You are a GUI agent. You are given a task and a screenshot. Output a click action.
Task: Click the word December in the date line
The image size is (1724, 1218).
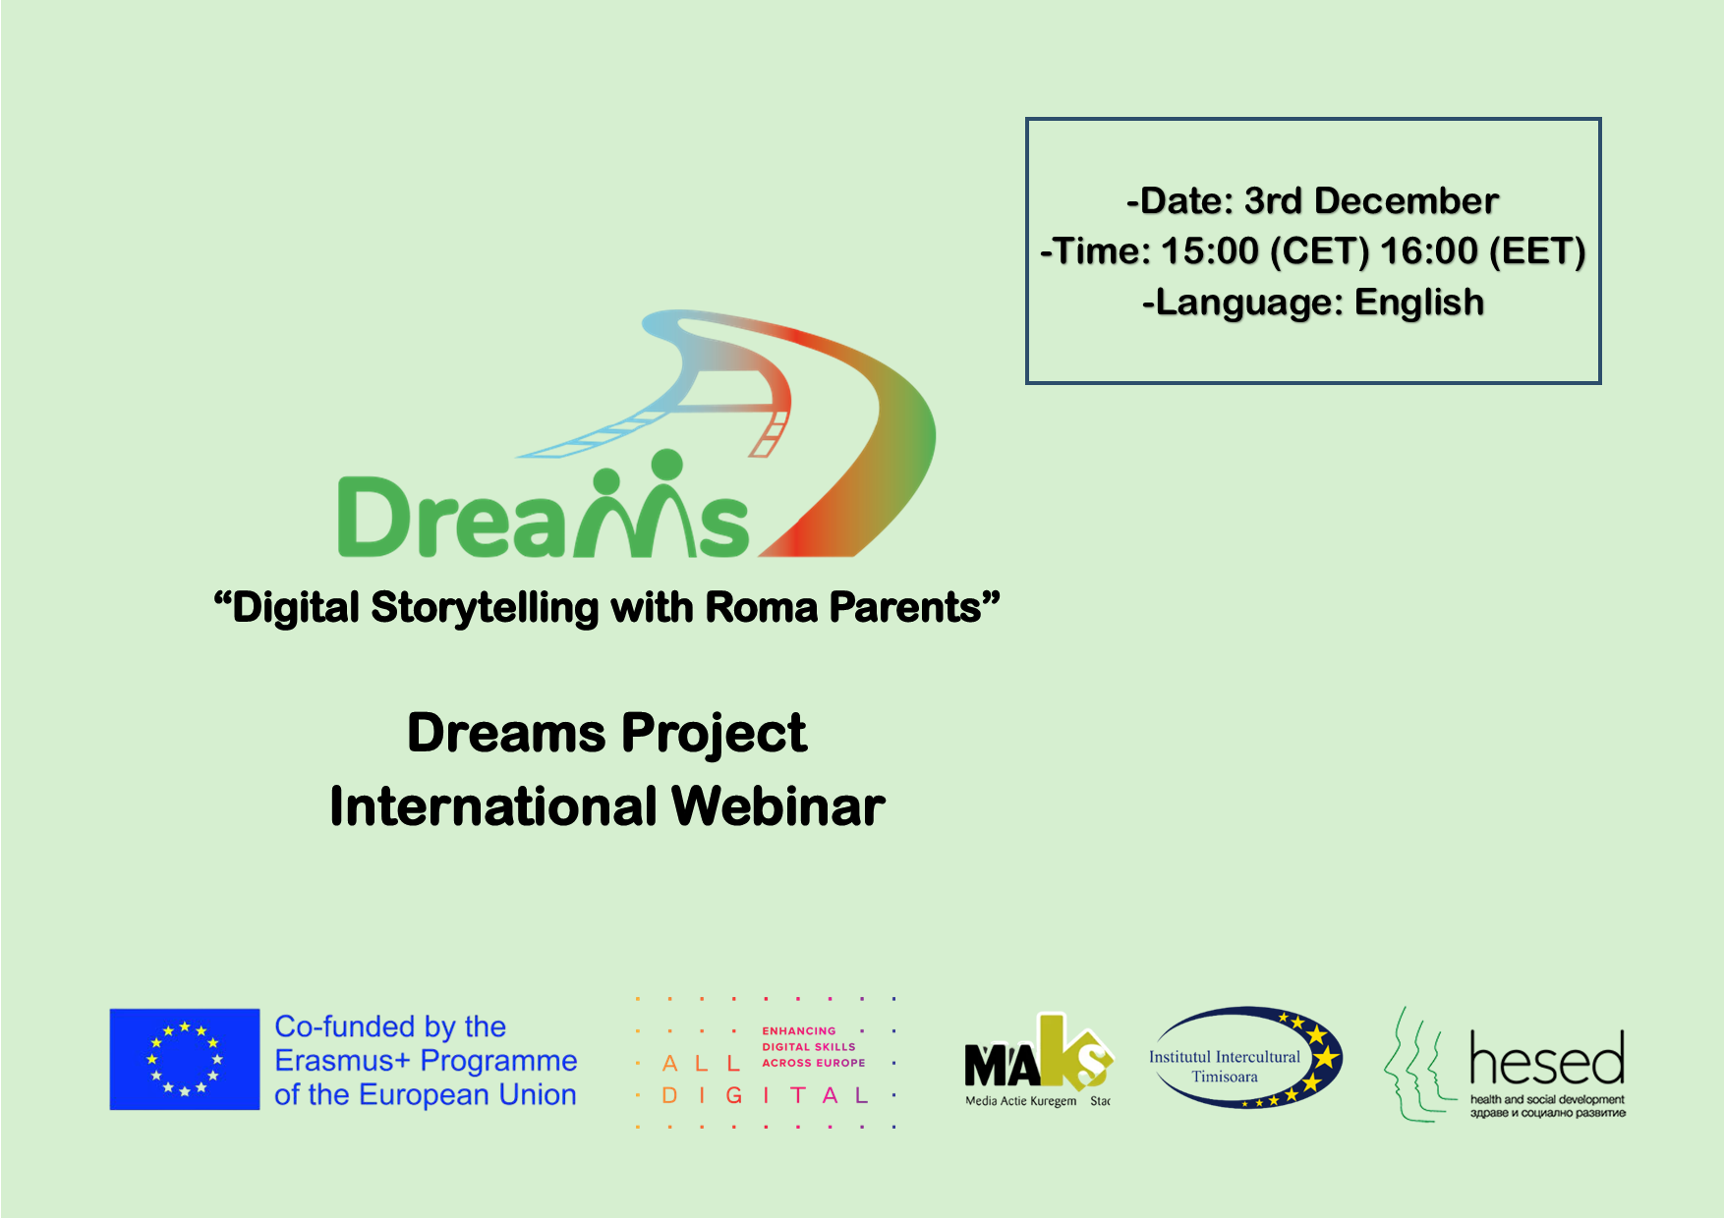[x=1407, y=200]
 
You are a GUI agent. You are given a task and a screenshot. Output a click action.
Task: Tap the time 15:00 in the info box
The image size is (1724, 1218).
[x=1209, y=251]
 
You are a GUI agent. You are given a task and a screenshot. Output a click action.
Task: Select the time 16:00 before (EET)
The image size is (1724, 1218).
[x=1429, y=251]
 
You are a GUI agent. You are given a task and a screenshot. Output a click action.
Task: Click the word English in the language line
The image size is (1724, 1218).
[x=1419, y=303]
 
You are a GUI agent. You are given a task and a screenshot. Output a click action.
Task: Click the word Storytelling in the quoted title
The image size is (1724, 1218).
[x=485, y=608]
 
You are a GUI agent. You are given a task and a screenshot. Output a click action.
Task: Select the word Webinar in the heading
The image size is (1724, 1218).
[x=778, y=806]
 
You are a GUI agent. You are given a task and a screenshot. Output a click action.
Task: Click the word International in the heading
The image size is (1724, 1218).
[x=493, y=806]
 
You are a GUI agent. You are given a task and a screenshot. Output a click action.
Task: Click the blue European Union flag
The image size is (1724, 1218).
[x=185, y=1059]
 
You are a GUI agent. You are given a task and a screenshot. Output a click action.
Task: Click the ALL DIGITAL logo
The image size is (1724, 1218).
[x=766, y=1063]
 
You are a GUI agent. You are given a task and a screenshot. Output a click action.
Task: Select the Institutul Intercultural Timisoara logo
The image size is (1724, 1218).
[x=1246, y=1058]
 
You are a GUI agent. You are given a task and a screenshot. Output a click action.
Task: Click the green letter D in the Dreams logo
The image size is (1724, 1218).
[x=374, y=517]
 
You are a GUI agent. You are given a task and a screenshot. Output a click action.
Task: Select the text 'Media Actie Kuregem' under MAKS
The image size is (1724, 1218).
[x=1021, y=1101]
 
